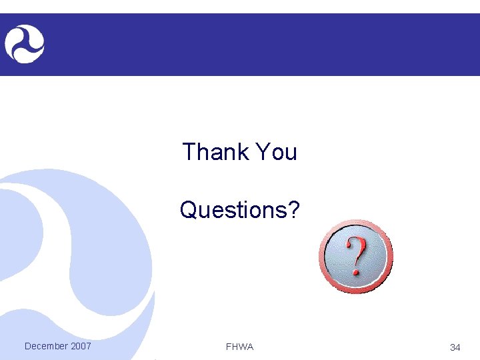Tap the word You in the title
(275, 152)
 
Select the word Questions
(234, 211)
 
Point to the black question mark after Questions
(294, 210)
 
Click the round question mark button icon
(356, 256)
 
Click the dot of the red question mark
(356, 272)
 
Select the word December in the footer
(46, 346)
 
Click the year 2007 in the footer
(81, 346)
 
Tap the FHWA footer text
(240, 347)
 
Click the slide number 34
(455, 347)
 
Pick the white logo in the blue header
(25, 44)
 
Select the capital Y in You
(263, 152)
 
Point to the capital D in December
(27, 346)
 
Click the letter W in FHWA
(242, 347)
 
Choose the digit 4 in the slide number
(458, 347)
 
